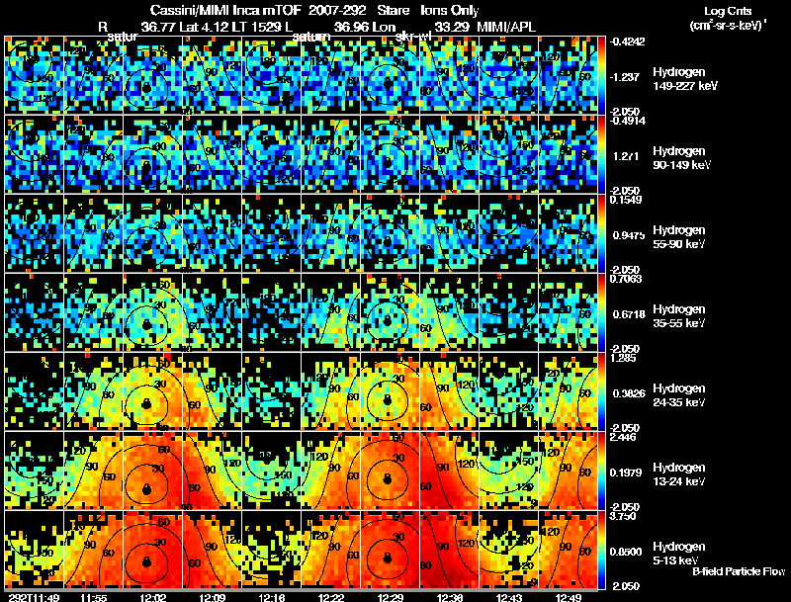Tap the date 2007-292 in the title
click(337, 11)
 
